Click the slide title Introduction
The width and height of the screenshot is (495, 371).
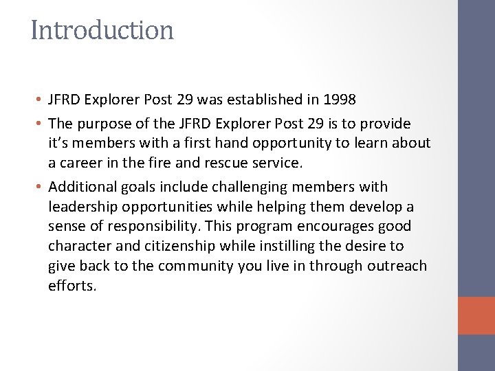coord(102,30)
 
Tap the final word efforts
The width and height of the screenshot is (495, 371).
coord(73,284)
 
